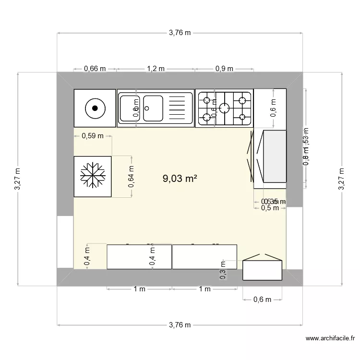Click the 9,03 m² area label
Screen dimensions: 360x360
(x=180, y=179)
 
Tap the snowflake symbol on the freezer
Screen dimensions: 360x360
(x=93, y=176)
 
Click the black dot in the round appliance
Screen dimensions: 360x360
(x=95, y=108)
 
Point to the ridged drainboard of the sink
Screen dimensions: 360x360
(x=179, y=108)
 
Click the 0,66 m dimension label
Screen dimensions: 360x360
(x=95, y=69)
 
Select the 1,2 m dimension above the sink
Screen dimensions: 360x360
(x=156, y=69)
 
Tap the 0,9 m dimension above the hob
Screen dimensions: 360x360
(x=224, y=69)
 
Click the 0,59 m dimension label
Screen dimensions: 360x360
(x=93, y=136)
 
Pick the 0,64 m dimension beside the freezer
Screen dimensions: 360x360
(x=132, y=176)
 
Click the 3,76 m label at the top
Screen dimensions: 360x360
(x=180, y=33)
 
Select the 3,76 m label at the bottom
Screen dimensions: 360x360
(x=180, y=325)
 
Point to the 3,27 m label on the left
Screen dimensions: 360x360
(x=18, y=179)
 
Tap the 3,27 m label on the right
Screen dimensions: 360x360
(x=342, y=179)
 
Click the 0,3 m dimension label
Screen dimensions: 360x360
(x=222, y=270)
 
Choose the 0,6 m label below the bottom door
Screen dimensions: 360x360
(x=262, y=300)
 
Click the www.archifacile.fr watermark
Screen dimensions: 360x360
(x=333, y=339)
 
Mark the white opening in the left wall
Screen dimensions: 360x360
(x=65, y=242)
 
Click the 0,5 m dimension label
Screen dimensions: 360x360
(x=270, y=208)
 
